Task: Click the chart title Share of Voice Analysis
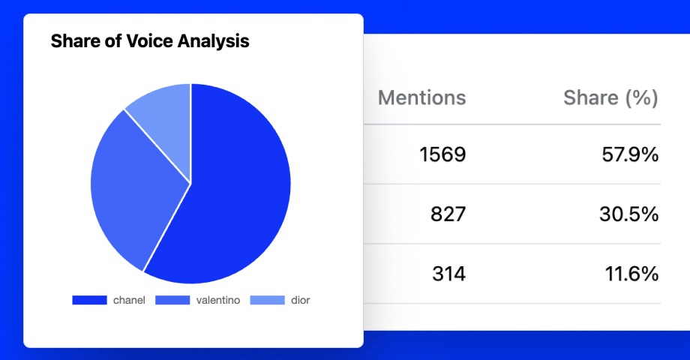[150, 41]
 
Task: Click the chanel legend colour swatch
[90, 300]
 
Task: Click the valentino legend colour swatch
[172, 300]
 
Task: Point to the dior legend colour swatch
[267, 300]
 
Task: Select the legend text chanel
[129, 300]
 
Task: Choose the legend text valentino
[218, 300]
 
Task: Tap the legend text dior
[300, 300]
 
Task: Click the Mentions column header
[421, 97]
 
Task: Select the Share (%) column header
[610, 97]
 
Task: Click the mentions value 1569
[442, 155]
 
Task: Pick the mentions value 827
[448, 214]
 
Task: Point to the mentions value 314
[448, 274]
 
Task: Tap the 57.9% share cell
[630, 155]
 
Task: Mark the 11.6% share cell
[631, 274]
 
